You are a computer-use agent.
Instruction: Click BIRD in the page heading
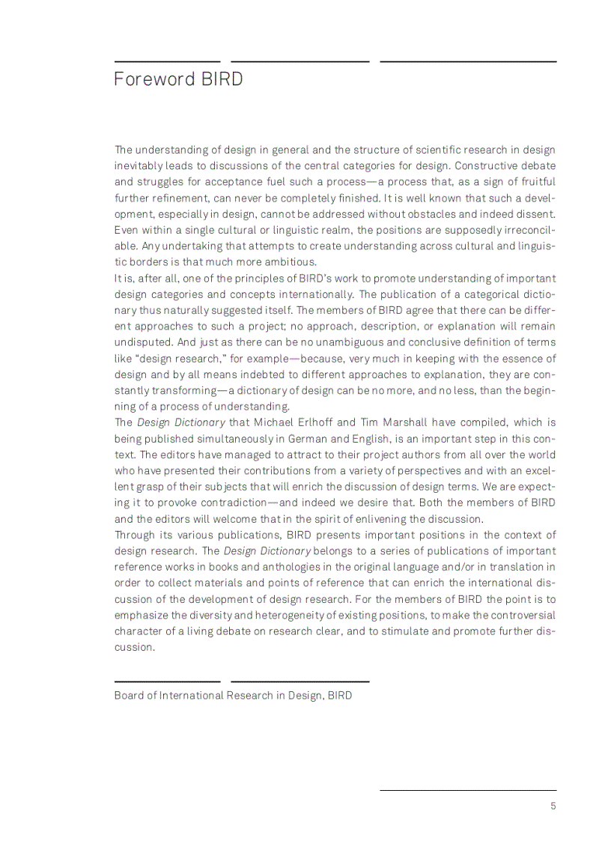[x=222, y=79]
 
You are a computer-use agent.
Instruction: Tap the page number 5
[x=553, y=806]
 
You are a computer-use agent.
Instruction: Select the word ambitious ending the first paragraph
[x=291, y=261]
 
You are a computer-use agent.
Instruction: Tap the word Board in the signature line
[x=129, y=695]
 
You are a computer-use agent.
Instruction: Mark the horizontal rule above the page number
[x=468, y=789]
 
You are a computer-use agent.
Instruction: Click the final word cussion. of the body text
[x=134, y=647]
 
